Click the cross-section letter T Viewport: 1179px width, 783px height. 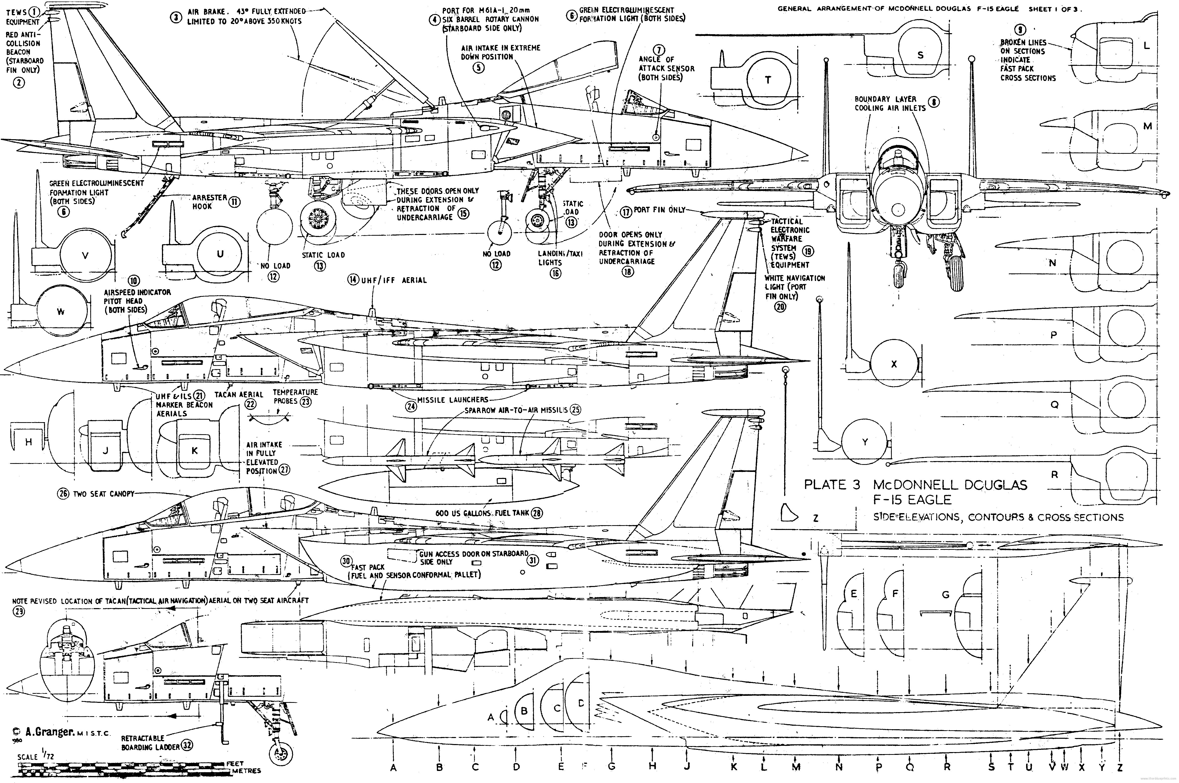(768, 80)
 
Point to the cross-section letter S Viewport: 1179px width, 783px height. (920, 56)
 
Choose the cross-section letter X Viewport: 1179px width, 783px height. (894, 364)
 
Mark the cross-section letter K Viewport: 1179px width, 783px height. (194, 450)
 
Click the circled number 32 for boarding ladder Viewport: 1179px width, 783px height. (187, 745)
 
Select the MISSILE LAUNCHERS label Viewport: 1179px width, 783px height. (452, 400)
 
